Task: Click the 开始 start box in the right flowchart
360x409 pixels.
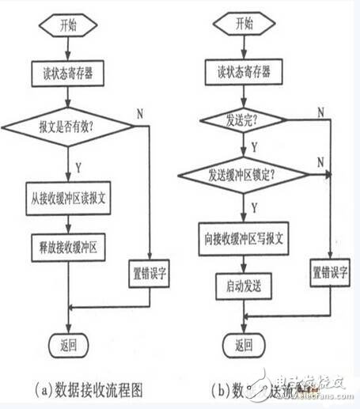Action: coord(243,24)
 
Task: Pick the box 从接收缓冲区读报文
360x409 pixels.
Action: coord(70,199)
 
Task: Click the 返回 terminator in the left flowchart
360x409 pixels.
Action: coord(70,345)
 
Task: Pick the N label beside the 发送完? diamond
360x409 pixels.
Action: coord(320,112)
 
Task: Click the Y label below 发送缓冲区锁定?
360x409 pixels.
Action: coord(254,206)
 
